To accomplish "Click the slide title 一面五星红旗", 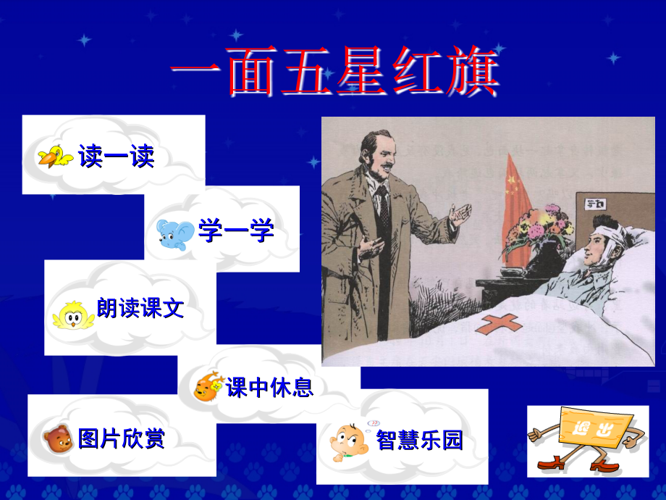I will pos(334,76).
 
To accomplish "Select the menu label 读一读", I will pos(117,156).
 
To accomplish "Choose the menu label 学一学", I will pos(236,232).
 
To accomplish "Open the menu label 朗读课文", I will pos(140,309).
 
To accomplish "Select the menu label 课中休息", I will pos(270,388).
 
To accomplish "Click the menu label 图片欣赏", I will pos(122,438).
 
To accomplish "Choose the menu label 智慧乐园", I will pos(419,440).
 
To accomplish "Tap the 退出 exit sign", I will pos(586,438).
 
